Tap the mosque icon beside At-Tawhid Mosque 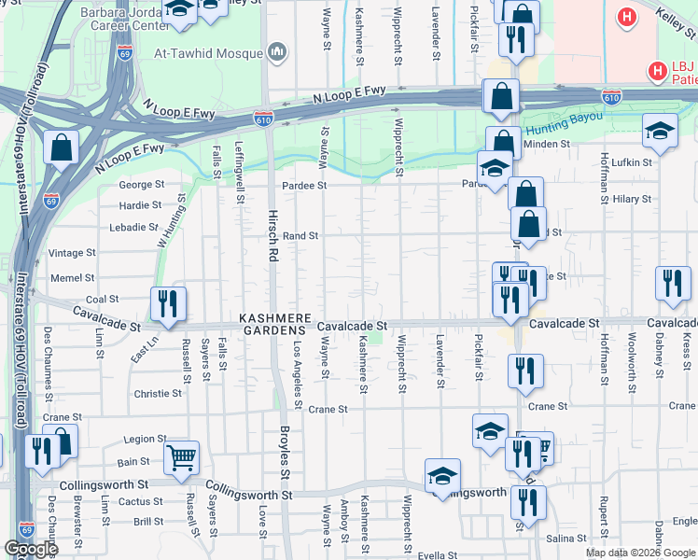click(277, 53)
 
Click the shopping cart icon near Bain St click(181, 456)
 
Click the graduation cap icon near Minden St click(660, 132)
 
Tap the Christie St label click(157, 394)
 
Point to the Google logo click(32, 549)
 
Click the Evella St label click(437, 554)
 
